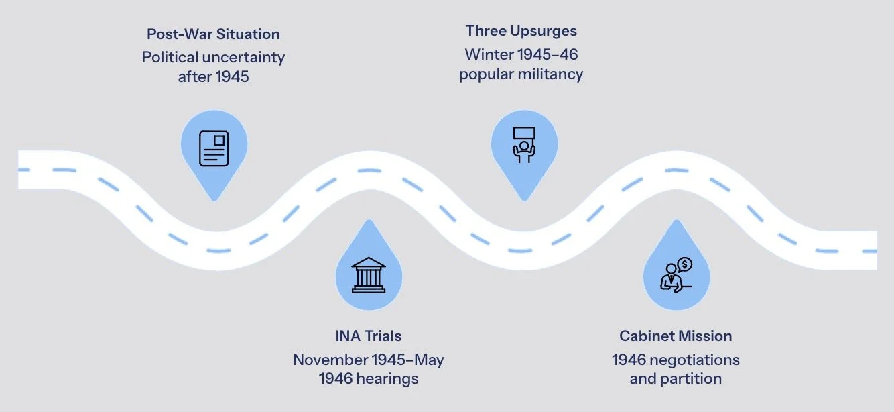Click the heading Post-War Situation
click(x=213, y=34)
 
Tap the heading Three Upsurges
click(x=521, y=30)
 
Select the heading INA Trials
click(x=368, y=336)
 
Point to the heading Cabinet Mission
click(x=676, y=336)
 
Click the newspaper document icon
click(x=214, y=148)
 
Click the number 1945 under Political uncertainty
click(x=232, y=76)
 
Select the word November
click(x=332, y=360)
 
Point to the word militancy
click(x=550, y=74)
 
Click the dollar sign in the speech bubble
click(x=685, y=264)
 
